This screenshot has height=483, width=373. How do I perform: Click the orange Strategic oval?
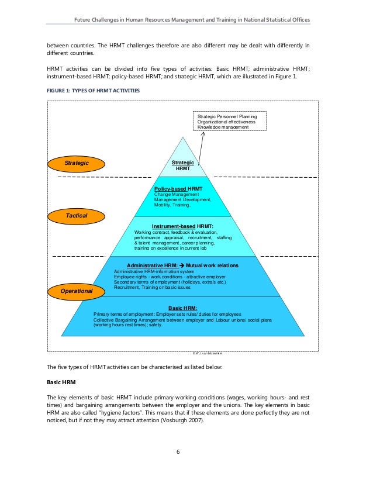[x=75, y=163]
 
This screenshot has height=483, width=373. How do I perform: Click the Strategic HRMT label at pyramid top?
[x=183, y=165]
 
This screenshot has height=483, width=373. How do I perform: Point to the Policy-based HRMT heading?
[x=178, y=189]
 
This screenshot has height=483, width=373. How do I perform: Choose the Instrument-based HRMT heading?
[x=182, y=226]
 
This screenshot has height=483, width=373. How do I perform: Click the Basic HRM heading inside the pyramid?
[x=182, y=308]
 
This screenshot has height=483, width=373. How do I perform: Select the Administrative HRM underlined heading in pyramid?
[x=152, y=265]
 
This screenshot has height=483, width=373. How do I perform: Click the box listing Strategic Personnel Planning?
[x=230, y=121]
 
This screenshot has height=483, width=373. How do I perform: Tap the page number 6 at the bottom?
[x=186, y=451]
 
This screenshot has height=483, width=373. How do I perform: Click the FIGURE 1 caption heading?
[x=92, y=90]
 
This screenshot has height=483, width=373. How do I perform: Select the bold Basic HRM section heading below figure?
[x=61, y=382]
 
